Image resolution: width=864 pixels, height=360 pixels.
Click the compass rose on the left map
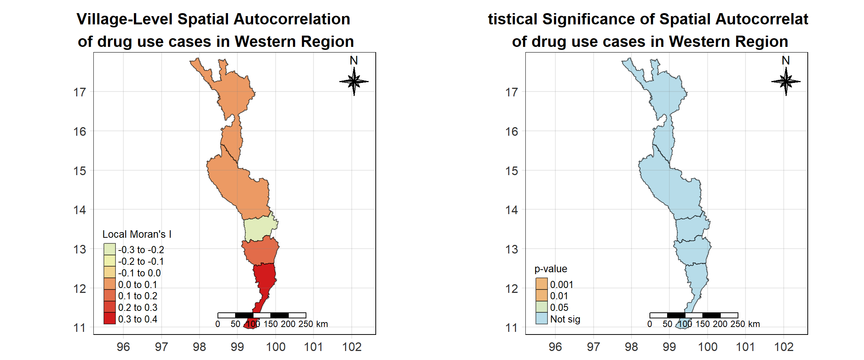click(354, 81)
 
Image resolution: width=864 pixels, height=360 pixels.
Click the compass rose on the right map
click(786, 81)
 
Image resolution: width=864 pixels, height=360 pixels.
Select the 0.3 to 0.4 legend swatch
click(109, 318)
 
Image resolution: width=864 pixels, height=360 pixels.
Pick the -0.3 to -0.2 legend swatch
click(109, 249)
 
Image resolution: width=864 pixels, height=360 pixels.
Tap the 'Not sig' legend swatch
click(541, 318)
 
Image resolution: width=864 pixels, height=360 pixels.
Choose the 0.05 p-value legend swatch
click(541, 307)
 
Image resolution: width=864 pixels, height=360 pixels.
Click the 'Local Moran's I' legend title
click(137, 234)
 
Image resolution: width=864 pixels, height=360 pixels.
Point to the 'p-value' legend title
click(550, 269)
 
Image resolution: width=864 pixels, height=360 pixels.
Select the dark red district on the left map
click(265, 277)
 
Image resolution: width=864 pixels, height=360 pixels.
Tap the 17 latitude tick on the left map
click(79, 92)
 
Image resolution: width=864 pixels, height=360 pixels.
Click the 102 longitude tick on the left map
click(352, 347)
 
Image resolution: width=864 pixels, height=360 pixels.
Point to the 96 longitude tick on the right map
click(555, 347)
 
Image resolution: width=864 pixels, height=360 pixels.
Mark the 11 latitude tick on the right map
click(511, 328)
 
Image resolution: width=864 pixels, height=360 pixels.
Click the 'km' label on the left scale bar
click(322, 324)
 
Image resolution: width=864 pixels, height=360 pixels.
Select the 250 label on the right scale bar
click(738, 324)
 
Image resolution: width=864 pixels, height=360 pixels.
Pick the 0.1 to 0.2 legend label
click(138, 296)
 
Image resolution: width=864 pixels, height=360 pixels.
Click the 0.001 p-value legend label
click(561, 285)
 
